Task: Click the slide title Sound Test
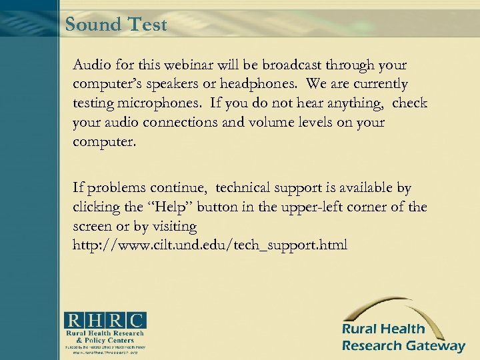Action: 116,25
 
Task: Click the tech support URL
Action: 210,246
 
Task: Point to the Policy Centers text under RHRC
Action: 104,340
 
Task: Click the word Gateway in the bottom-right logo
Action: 433,345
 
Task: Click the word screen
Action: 91,227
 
